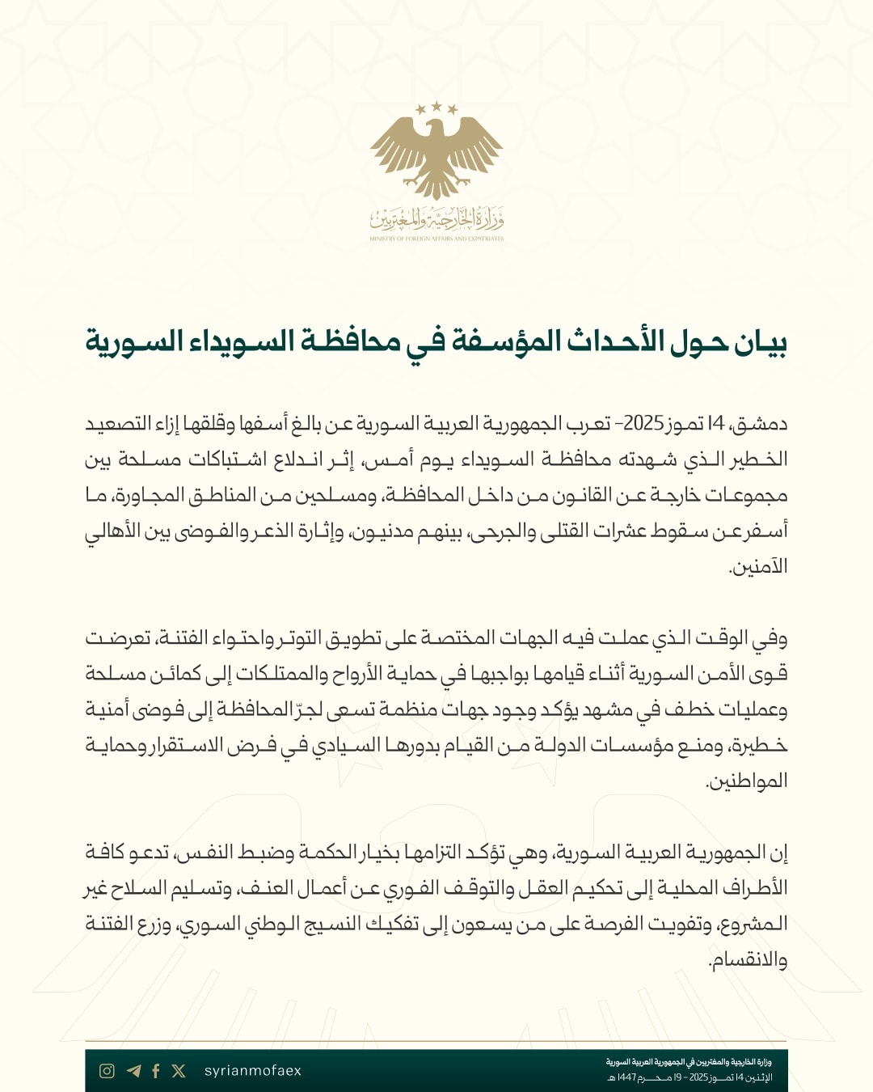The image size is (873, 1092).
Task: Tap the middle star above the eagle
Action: pos(436,105)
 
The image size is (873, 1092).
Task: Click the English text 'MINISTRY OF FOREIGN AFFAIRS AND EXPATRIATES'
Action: pos(436,239)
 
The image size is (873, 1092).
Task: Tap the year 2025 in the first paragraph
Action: pos(643,424)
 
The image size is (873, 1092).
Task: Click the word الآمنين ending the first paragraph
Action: pos(757,567)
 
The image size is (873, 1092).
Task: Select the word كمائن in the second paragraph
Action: pos(175,674)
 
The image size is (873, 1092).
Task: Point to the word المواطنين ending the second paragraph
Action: pos(747,781)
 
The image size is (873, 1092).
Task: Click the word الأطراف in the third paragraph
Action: pos(749,888)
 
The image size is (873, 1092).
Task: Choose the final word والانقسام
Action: pos(747,960)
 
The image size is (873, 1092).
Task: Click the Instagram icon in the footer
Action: pos(107,1071)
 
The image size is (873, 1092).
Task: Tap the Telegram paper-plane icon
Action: pos(133,1071)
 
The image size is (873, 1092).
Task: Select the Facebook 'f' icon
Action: pos(156,1071)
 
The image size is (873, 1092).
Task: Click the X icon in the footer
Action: pos(179,1071)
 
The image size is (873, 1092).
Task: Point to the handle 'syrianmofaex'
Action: pos(252,1071)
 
